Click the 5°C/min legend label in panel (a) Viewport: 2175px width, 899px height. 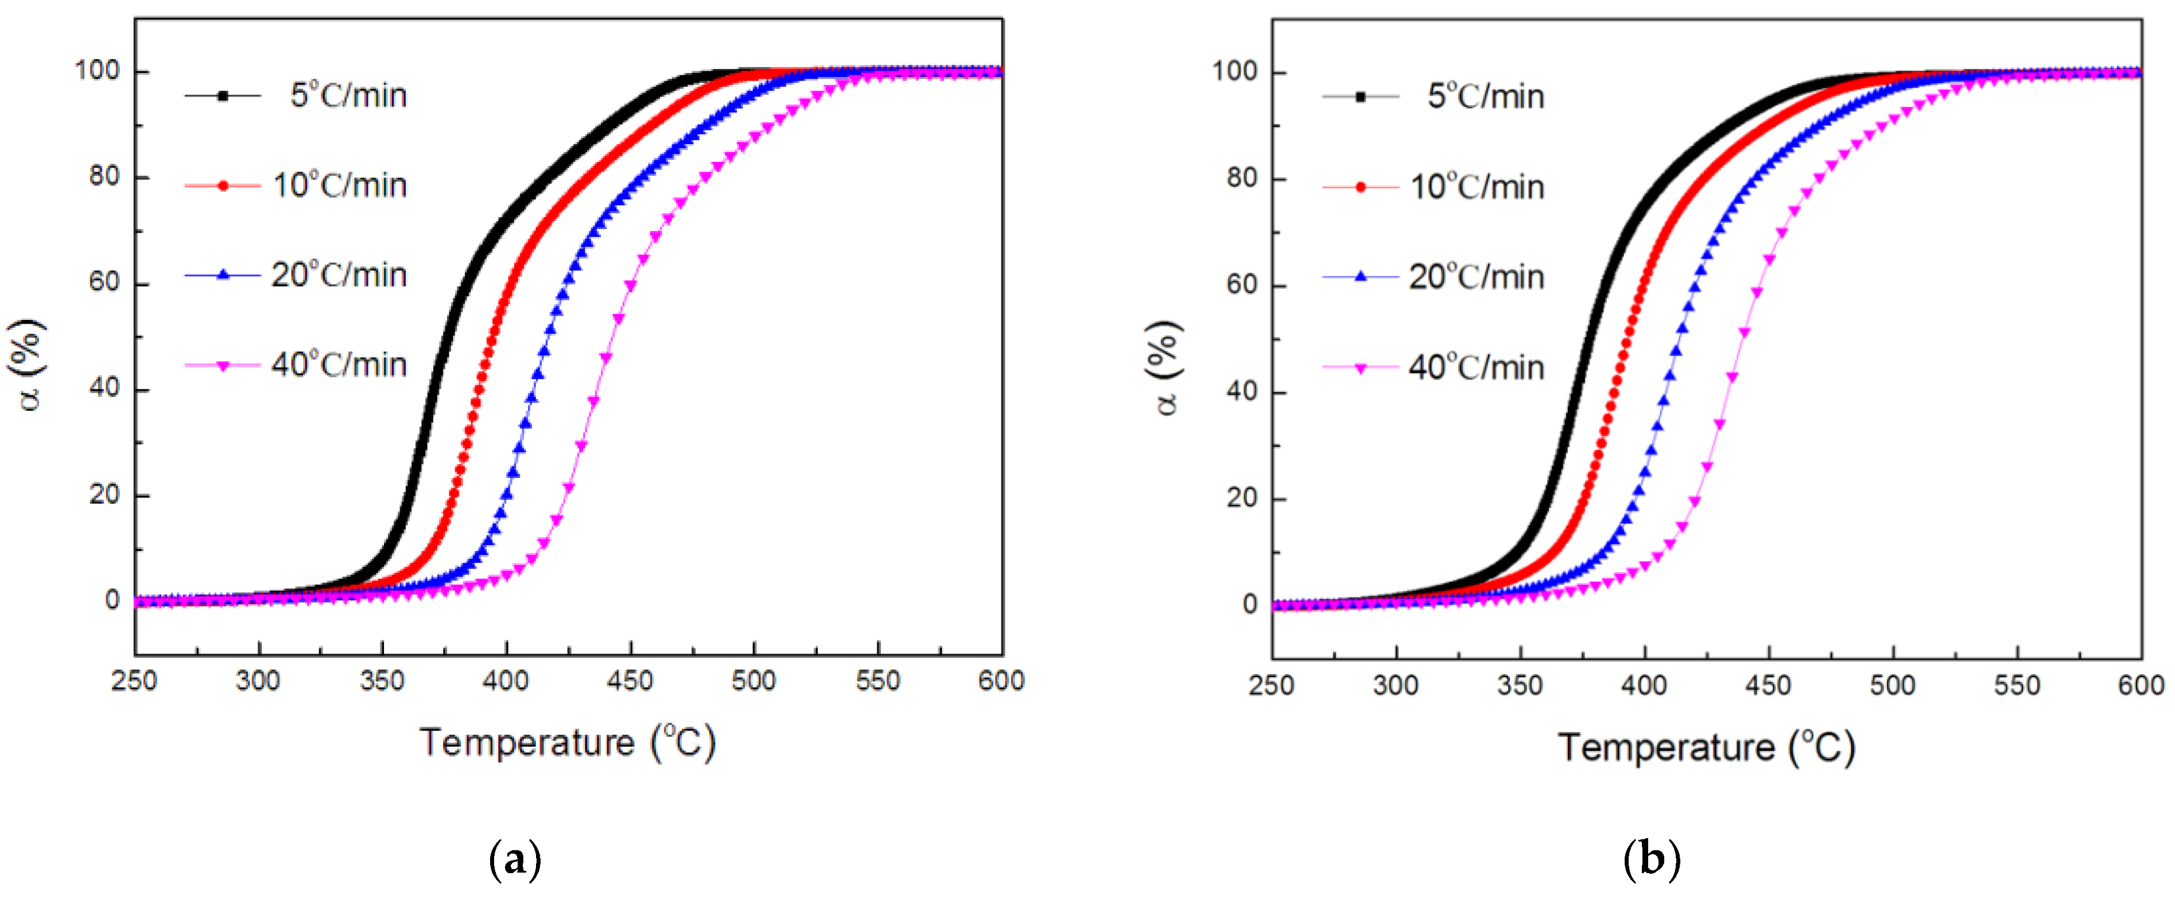pyautogui.click(x=348, y=95)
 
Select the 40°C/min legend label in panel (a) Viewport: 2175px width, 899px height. pyautogui.click(x=339, y=365)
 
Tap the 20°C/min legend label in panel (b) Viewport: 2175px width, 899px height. pyautogui.click(x=1476, y=277)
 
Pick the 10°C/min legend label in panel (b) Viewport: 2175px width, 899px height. pyautogui.click(x=1477, y=187)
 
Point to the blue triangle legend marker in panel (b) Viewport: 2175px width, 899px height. pyautogui.click(x=1360, y=276)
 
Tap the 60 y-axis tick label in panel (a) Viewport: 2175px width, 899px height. pyautogui.click(x=104, y=282)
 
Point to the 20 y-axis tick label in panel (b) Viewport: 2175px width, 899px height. pyautogui.click(x=1242, y=499)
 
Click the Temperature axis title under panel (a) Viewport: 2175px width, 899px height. pyautogui.click(x=568, y=743)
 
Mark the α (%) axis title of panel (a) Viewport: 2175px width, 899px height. pyautogui.click(x=29, y=365)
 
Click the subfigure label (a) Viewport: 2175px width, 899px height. pyautogui.click(x=515, y=860)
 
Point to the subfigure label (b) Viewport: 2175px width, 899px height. pyautogui.click(x=1652, y=860)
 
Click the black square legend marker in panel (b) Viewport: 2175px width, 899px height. pyautogui.click(x=1360, y=97)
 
